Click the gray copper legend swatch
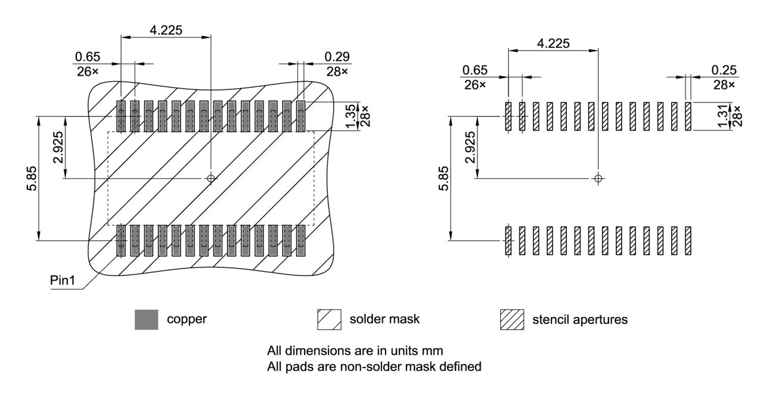point(147,320)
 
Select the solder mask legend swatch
point(329,320)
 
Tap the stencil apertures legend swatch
point(511,320)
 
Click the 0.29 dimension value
point(337,57)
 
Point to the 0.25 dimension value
point(724,70)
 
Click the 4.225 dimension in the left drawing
point(166,30)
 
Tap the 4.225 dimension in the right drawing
point(553,43)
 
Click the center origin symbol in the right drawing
point(598,178)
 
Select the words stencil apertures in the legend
point(579,320)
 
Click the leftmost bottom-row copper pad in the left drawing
point(121,241)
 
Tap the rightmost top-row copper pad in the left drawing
point(300,116)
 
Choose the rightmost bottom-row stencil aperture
point(687,241)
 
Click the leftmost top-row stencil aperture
point(508,116)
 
